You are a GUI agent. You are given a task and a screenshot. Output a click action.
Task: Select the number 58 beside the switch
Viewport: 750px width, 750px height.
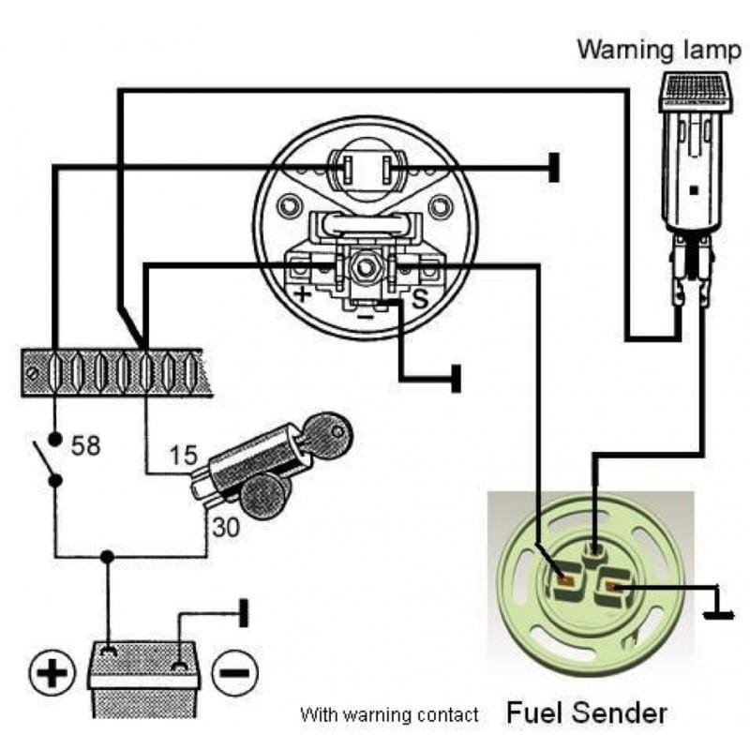tap(84, 445)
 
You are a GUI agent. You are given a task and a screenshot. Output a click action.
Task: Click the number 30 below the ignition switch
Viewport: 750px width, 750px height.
tap(225, 528)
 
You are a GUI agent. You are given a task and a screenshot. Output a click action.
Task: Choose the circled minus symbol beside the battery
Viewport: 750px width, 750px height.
tap(234, 672)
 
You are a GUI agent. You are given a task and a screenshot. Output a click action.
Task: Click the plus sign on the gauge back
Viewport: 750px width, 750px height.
tap(303, 294)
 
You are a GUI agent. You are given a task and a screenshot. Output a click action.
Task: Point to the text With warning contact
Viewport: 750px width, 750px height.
tap(389, 714)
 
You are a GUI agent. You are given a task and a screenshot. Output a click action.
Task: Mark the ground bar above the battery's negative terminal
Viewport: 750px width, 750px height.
tap(245, 613)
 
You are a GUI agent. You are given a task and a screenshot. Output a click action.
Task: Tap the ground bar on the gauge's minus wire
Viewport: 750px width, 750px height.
tap(457, 378)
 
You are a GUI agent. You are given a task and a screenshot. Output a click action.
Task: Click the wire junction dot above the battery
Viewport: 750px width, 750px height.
tap(108, 557)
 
